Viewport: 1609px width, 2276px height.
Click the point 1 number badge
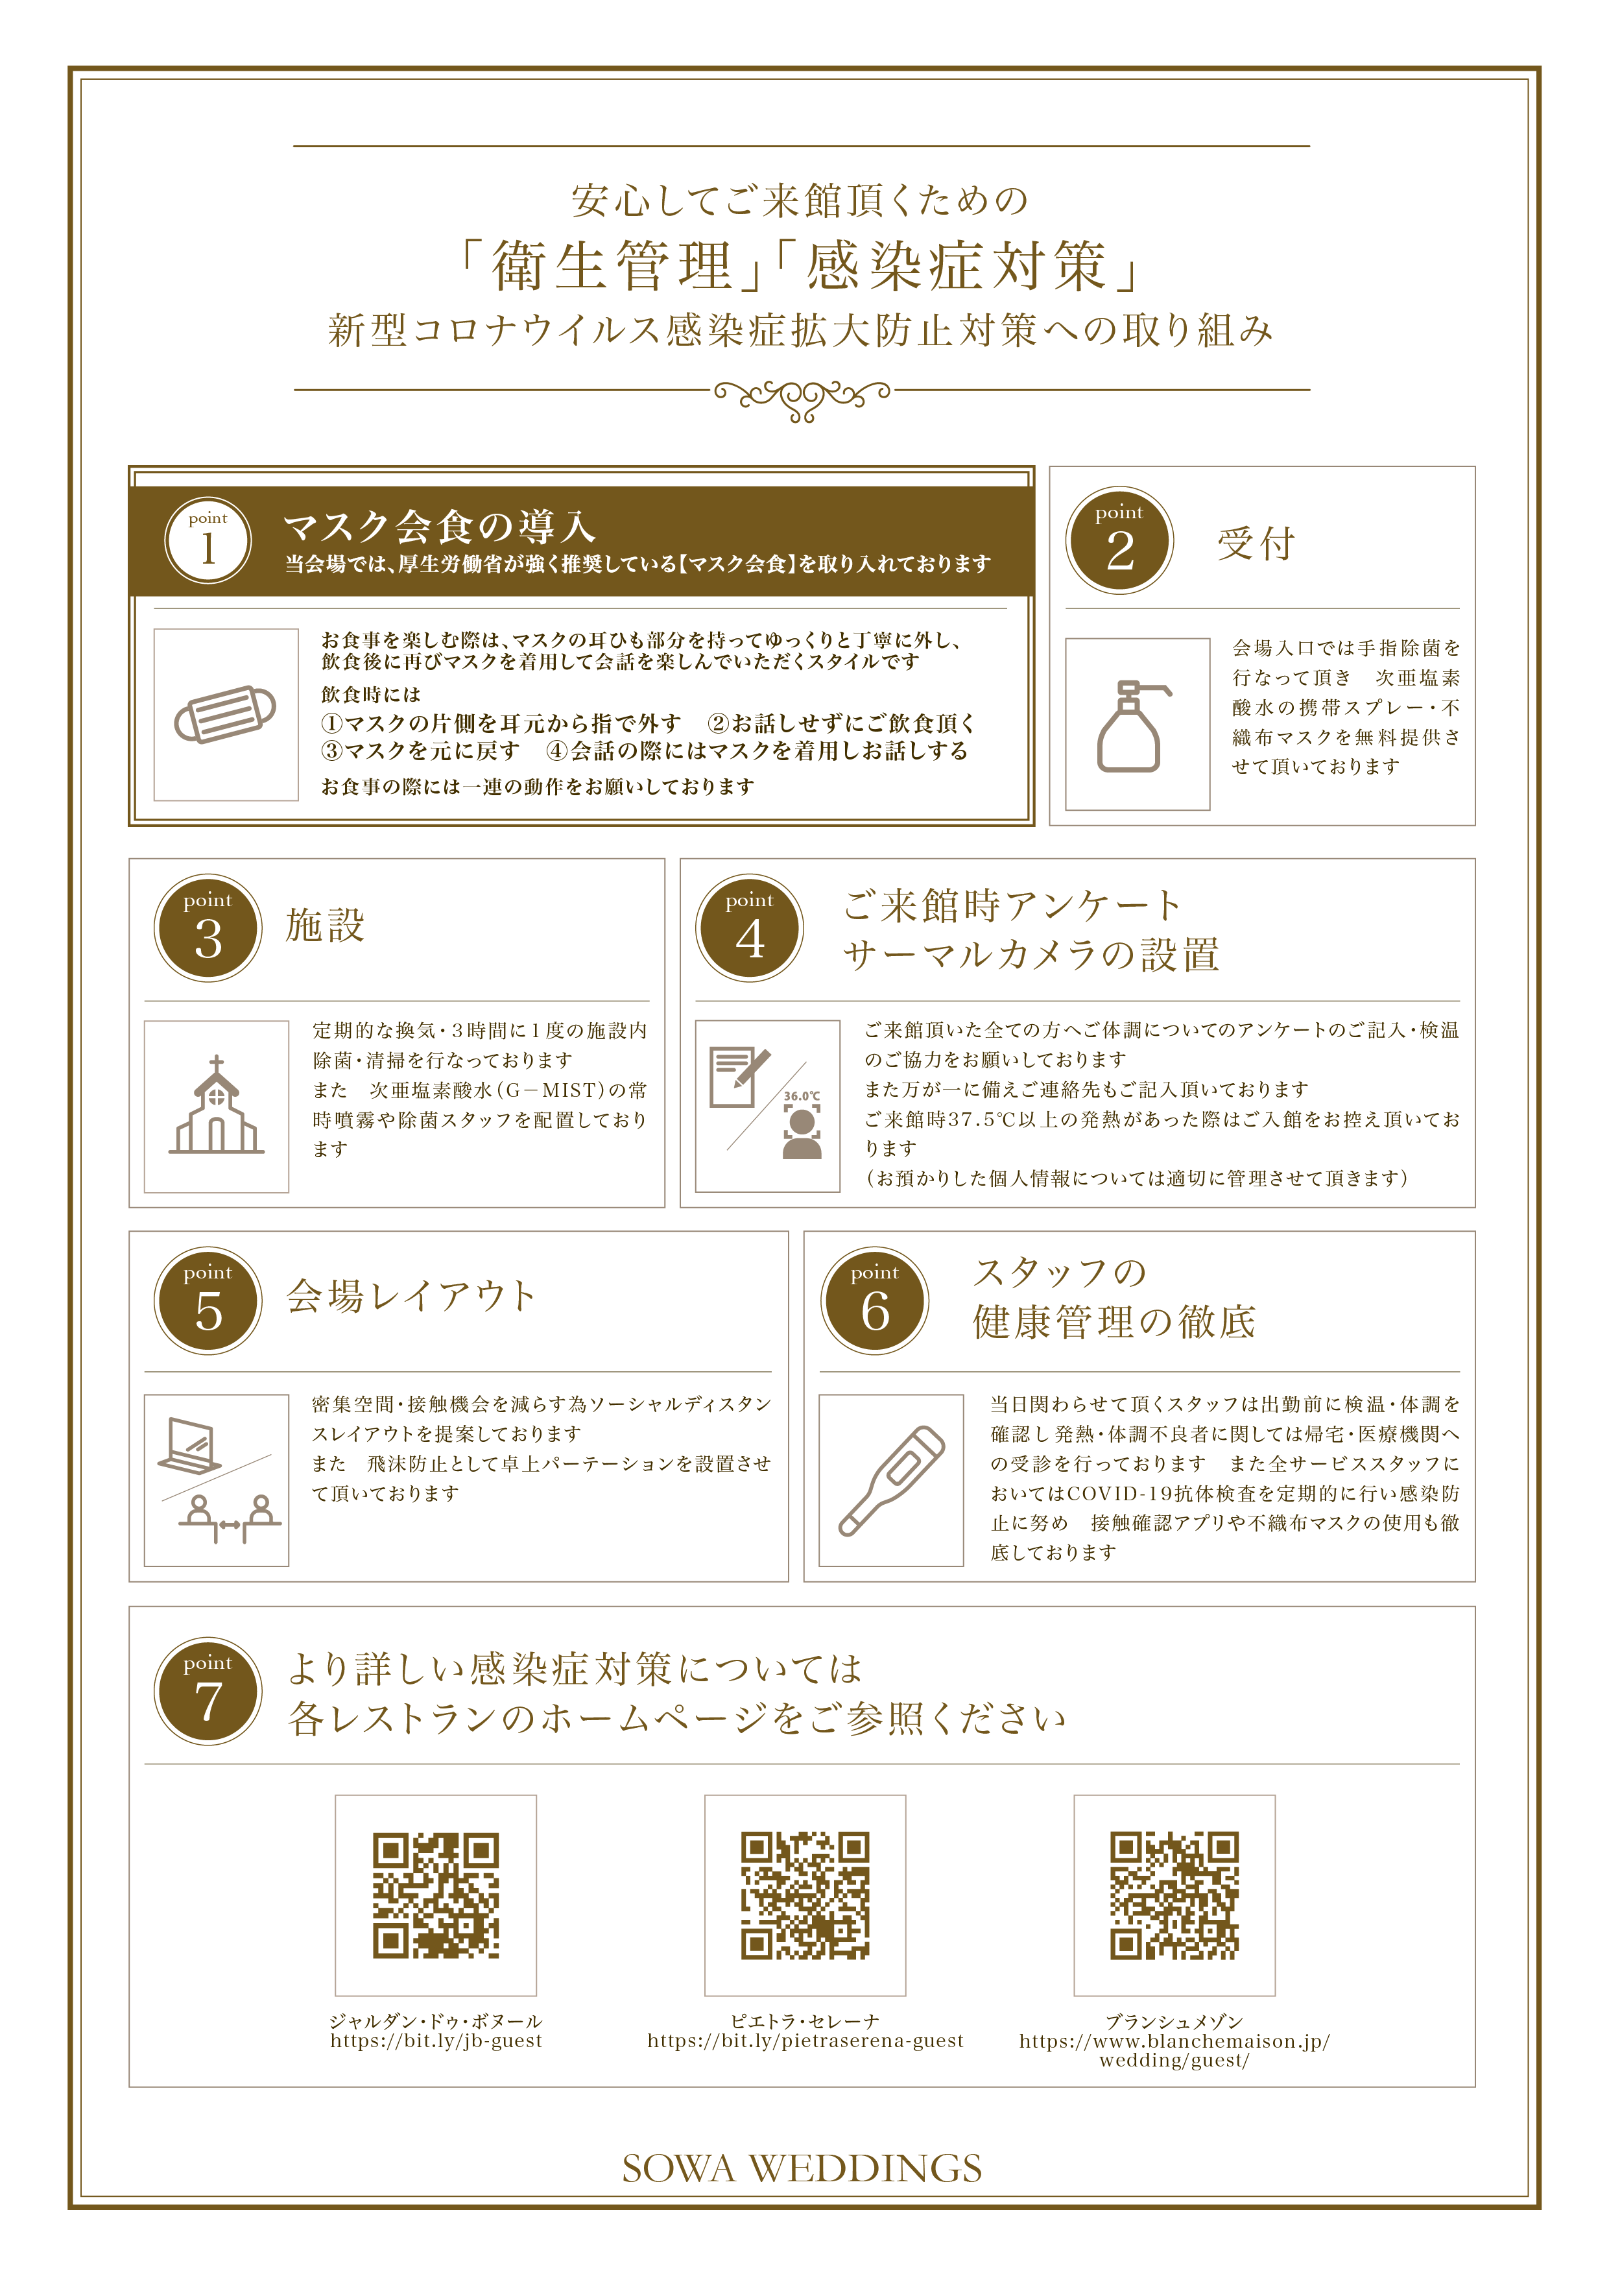(207, 540)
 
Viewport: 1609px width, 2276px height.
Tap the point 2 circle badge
(1119, 540)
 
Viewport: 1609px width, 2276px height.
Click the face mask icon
(225, 713)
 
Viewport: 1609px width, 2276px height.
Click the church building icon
(216, 1105)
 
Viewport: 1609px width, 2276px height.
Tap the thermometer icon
(891, 1481)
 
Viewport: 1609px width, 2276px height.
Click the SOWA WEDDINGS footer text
(802, 2168)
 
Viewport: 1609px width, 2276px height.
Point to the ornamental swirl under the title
(803, 398)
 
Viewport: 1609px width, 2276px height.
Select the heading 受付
(1256, 544)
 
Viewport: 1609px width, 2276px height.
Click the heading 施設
(325, 925)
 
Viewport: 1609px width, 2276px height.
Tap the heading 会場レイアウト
(411, 1296)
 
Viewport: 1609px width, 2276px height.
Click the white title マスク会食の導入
(439, 527)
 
